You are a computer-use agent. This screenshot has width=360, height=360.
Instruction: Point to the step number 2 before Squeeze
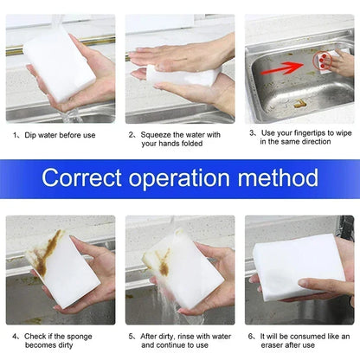click(x=132, y=135)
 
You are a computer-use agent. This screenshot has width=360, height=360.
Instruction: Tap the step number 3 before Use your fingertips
click(x=252, y=133)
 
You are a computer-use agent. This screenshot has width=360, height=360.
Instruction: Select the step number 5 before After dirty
click(x=132, y=335)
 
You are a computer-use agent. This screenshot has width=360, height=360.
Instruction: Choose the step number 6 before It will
click(x=252, y=335)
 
